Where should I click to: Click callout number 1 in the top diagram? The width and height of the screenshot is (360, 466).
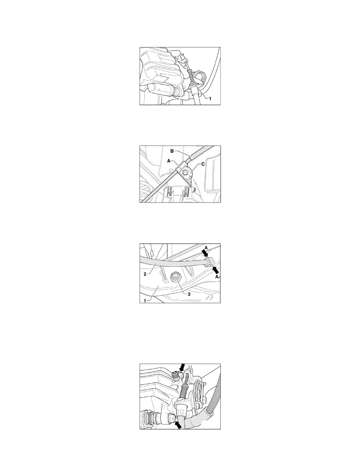coord(210,99)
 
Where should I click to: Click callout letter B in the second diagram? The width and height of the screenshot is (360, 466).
coord(172,151)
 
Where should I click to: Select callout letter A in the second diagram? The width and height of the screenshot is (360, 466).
coord(169,160)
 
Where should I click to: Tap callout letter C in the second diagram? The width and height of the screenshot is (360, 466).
coord(203,164)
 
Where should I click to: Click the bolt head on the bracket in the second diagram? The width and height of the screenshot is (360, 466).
coord(185,172)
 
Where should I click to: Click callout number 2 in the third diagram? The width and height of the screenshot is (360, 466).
coord(145,274)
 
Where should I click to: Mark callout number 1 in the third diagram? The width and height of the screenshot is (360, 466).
coord(145,300)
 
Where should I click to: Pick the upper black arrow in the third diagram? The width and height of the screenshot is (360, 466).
coord(205,253)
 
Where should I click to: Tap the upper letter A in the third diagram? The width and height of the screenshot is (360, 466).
coord(206,247)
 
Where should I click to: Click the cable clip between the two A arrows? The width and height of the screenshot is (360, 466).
coord(210,261)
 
